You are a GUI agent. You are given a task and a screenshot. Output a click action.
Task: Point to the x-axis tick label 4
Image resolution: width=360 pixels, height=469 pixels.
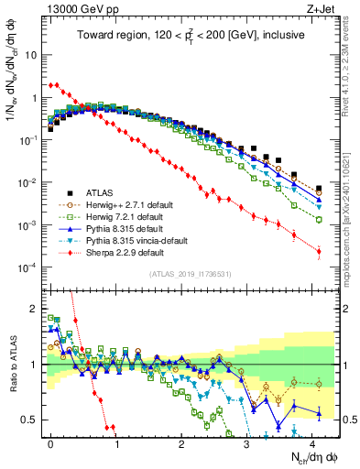312,441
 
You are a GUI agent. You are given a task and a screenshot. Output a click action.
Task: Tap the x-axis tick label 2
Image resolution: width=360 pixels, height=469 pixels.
181,441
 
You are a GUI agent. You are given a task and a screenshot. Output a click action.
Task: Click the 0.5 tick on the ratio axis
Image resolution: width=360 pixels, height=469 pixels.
30,420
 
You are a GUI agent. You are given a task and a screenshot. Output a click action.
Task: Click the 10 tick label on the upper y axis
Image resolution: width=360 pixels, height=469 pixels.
30,54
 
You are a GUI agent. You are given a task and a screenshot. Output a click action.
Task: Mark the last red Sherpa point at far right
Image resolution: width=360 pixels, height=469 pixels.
319,251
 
